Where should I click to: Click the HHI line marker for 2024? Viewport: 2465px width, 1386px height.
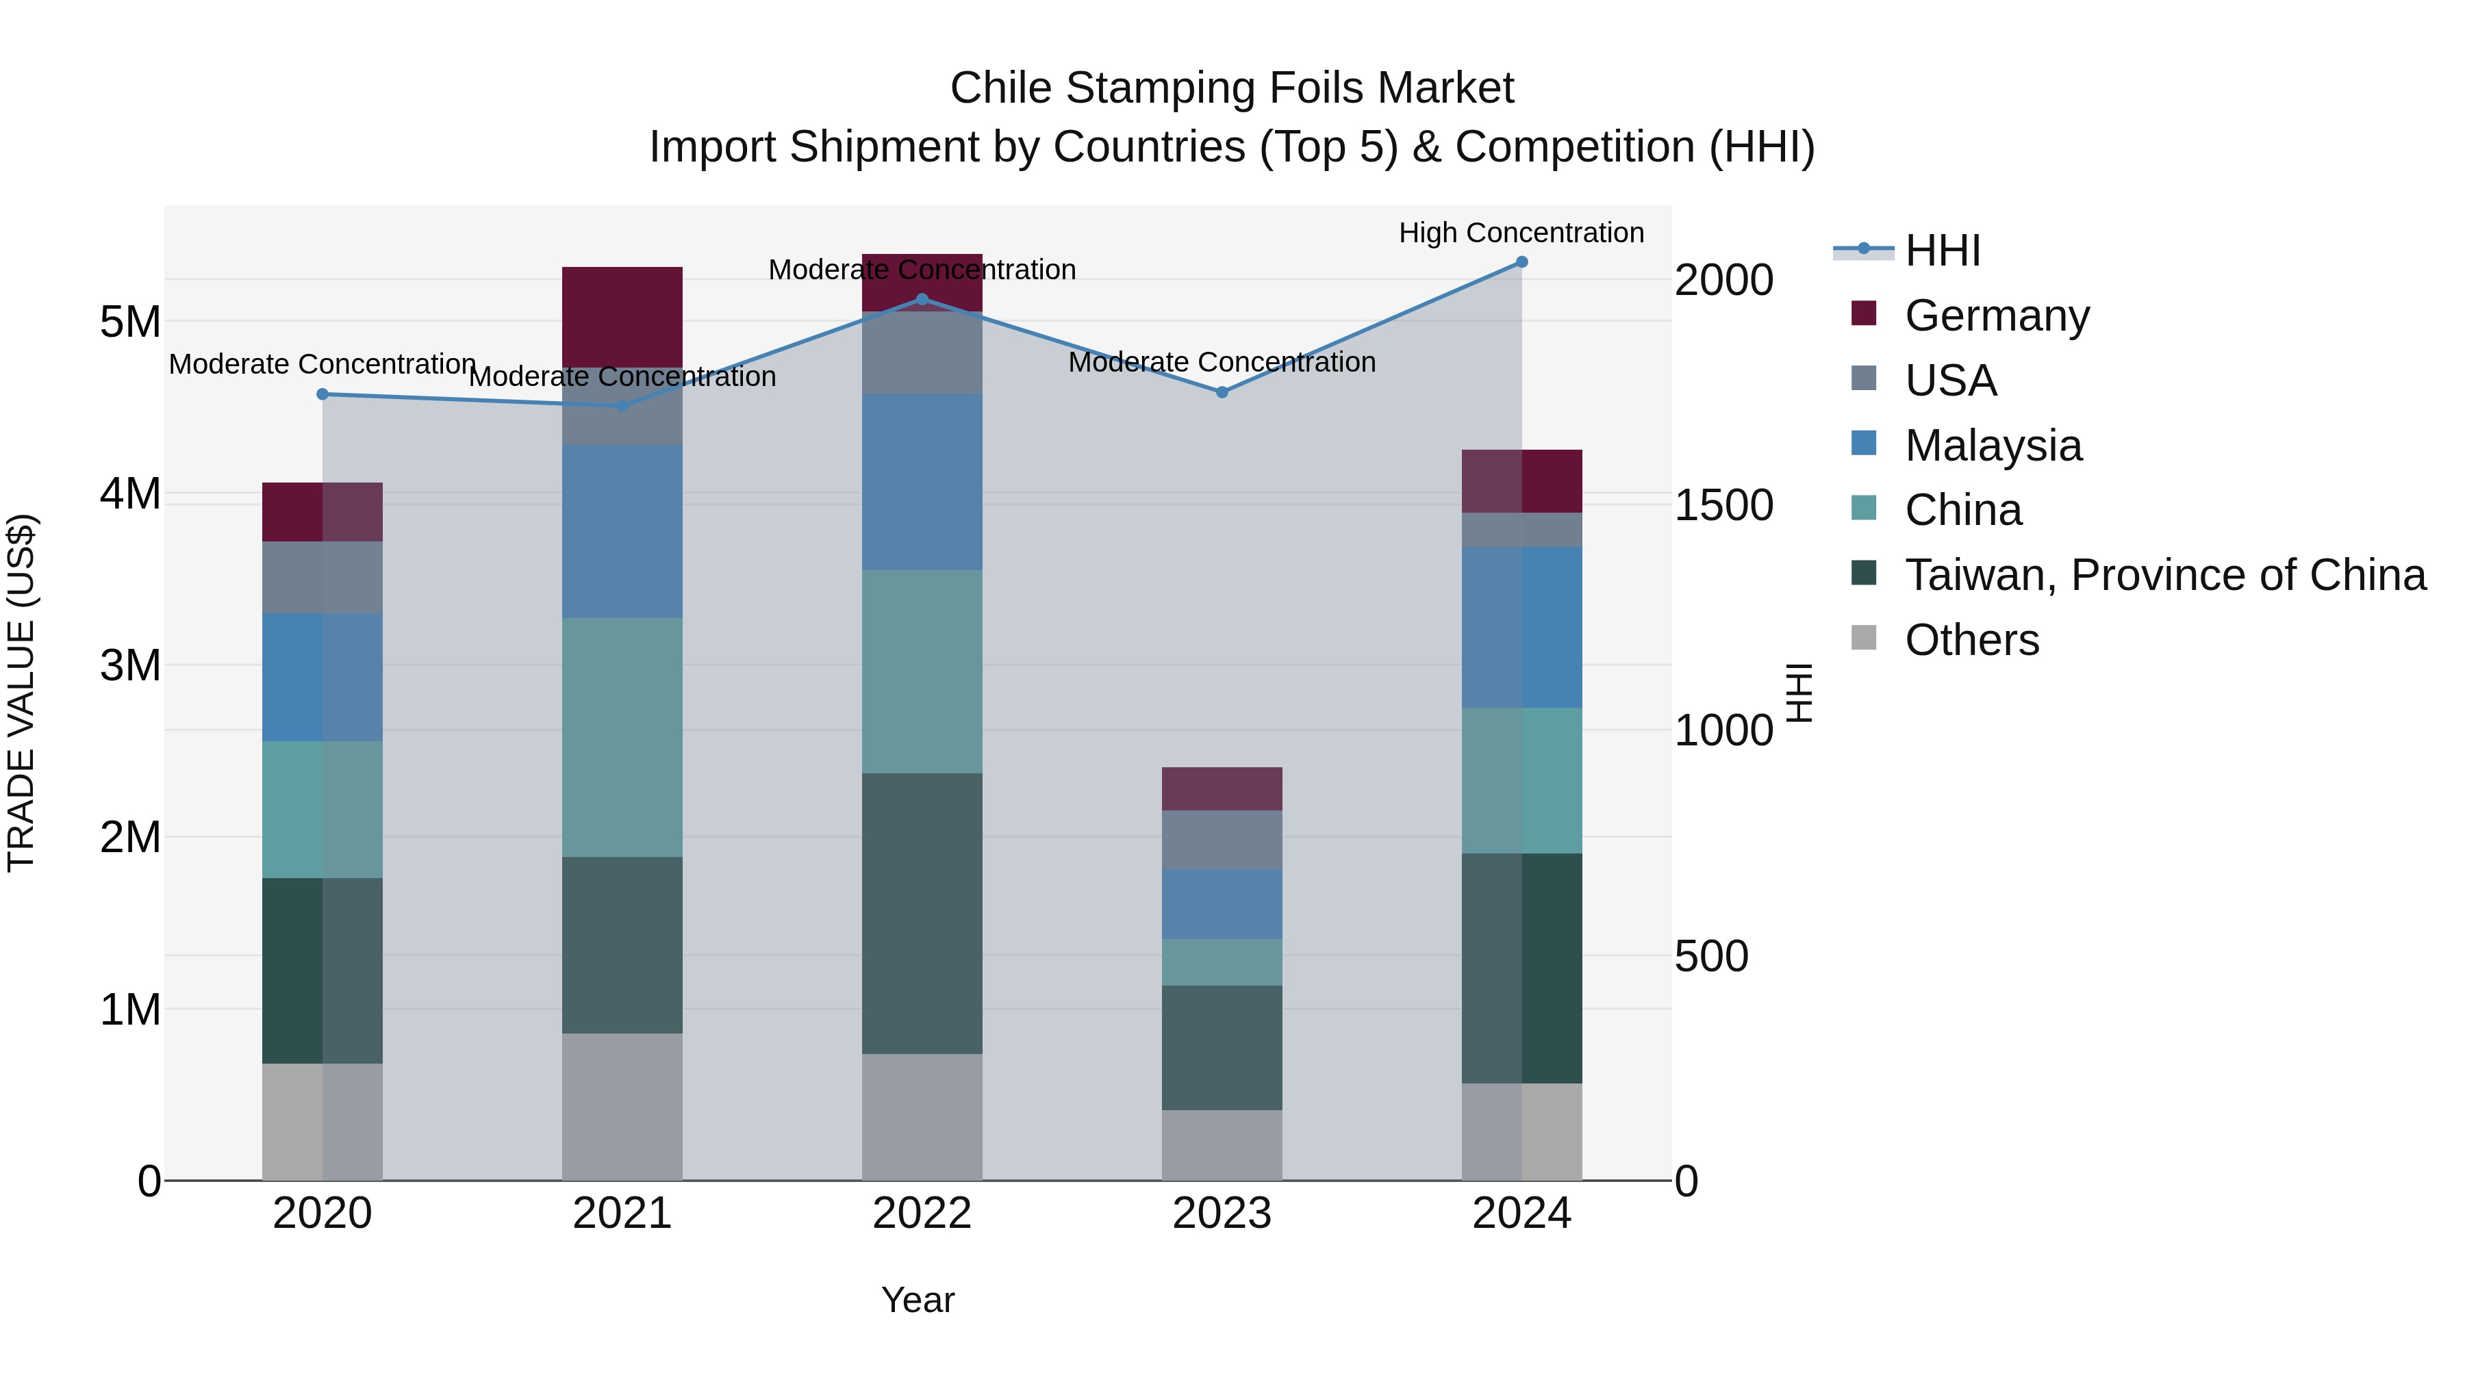pyautogui.click(x=1521, y=262)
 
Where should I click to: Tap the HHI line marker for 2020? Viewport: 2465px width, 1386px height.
pyautogui.click(x=323, y=394)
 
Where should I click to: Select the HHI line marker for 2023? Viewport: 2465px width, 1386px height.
pyautogui.click(x=1222, y=392)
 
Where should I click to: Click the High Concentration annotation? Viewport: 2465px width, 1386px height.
pyautogui.click(x=1521, y=233)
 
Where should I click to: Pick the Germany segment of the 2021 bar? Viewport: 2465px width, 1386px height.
pyautogui.click(x=622, y=317)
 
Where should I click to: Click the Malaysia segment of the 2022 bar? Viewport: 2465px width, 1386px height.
pyautogui.click(x=922, y=482)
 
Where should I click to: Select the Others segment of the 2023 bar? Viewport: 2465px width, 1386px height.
pyautogui.click(x=1222, y=1145)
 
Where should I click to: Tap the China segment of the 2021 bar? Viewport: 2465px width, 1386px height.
pyautogui.click(x=622, y=736)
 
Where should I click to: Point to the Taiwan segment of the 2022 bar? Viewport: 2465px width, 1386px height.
pyautogui.click(x=922, y=914)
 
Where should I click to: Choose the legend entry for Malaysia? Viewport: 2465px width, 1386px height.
pyautogui.click(x=1993, y=446)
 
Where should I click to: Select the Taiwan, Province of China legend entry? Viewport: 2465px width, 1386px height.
pyautogui.click(x=2164, y=575)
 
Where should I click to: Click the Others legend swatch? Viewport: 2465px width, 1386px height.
pyautogui.click(x=1864, y=638)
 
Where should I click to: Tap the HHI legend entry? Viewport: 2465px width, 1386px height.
pyautogui.click(x=1942, y=251)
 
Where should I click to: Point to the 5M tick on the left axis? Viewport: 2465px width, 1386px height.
pyautogui.click(x=130, y=322)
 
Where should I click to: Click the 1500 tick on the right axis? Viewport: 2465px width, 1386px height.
pyautogui.click(x=1723, y=506)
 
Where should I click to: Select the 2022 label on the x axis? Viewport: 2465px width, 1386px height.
pyautogui.click(x=922, y=1214)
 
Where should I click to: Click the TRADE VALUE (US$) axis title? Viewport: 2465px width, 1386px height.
pyautogui.click(x=21, y=693)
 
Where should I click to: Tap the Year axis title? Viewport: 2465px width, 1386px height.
pyautogui.click(x=918, y=1300)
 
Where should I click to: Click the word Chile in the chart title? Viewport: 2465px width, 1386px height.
pyautogui.click(x=1001, y=88)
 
